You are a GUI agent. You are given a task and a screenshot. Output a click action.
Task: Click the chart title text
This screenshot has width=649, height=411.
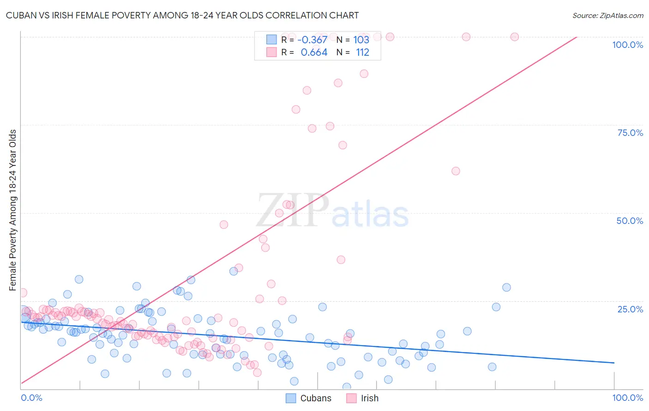click(182, 15)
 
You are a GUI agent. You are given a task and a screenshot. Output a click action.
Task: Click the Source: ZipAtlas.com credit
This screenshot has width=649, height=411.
click(607, 15)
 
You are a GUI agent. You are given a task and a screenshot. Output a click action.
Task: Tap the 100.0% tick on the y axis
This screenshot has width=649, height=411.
click(627, 45)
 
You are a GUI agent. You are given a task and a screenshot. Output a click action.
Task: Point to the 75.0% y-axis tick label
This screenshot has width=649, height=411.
click(630, 133)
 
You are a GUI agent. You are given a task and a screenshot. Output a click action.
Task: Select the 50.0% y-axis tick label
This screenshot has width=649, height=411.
click(630, 221)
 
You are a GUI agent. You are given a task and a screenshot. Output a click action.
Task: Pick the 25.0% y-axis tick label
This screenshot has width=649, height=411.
click(630, 309)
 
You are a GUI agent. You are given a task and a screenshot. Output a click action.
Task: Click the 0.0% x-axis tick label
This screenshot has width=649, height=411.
click(31, 398)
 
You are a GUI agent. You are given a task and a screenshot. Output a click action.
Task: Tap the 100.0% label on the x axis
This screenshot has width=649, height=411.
click(627, 398)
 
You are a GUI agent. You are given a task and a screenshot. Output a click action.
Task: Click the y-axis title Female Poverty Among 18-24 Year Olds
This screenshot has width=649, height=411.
click(13, 210)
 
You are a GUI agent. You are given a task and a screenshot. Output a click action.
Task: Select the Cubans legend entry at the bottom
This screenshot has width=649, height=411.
click(308, 398)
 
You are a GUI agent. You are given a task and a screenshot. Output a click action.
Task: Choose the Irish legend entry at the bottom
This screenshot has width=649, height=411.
click(363, 398)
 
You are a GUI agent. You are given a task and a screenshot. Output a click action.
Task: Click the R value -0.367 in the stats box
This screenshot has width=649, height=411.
click(312, 40)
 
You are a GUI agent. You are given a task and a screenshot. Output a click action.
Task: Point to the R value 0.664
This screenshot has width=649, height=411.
click(314, 53)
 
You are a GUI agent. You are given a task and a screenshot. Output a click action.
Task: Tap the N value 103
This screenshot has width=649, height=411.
click(361, 40)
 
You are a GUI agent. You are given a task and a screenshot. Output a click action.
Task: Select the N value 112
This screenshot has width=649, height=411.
click(362, 53)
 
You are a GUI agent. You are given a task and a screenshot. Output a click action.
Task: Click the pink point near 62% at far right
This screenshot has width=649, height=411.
click(456, 171)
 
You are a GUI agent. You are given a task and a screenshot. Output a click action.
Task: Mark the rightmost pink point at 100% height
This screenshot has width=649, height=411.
click(514, 37)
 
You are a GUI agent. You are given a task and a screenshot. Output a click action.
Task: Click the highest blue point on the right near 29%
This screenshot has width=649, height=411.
click(506, 288)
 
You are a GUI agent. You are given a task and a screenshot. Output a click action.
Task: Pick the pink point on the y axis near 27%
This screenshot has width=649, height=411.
click(22, 293)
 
